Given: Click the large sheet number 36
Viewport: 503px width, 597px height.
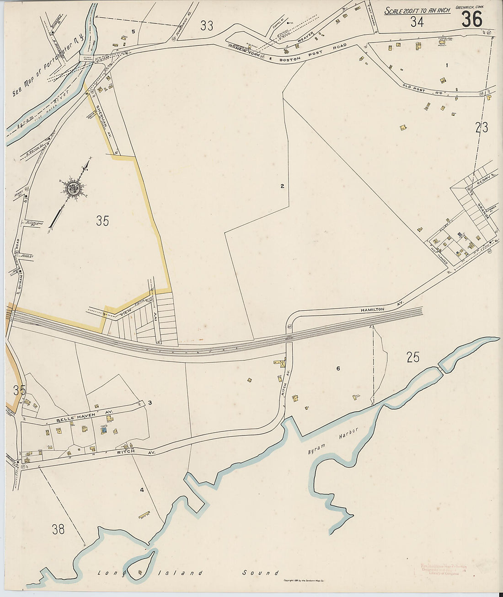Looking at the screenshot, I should pos(472,19).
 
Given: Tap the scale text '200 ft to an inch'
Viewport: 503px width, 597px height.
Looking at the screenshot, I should pos(417,11).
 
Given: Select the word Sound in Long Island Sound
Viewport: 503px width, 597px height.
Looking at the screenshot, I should pos(261,572).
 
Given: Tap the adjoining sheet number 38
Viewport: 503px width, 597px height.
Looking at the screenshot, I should pos(58,529).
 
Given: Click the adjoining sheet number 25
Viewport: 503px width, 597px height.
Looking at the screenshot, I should pos(413,357).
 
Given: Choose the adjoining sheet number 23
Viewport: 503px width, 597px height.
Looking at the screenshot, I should pos(482,127).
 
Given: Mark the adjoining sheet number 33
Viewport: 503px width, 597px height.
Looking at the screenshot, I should pos(207,26).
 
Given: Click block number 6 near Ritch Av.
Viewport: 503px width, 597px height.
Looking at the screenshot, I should pos(338,368).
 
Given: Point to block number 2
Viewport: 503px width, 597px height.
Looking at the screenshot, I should pos(282,186).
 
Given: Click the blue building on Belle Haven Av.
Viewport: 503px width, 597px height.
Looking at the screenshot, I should pos(104,430).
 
